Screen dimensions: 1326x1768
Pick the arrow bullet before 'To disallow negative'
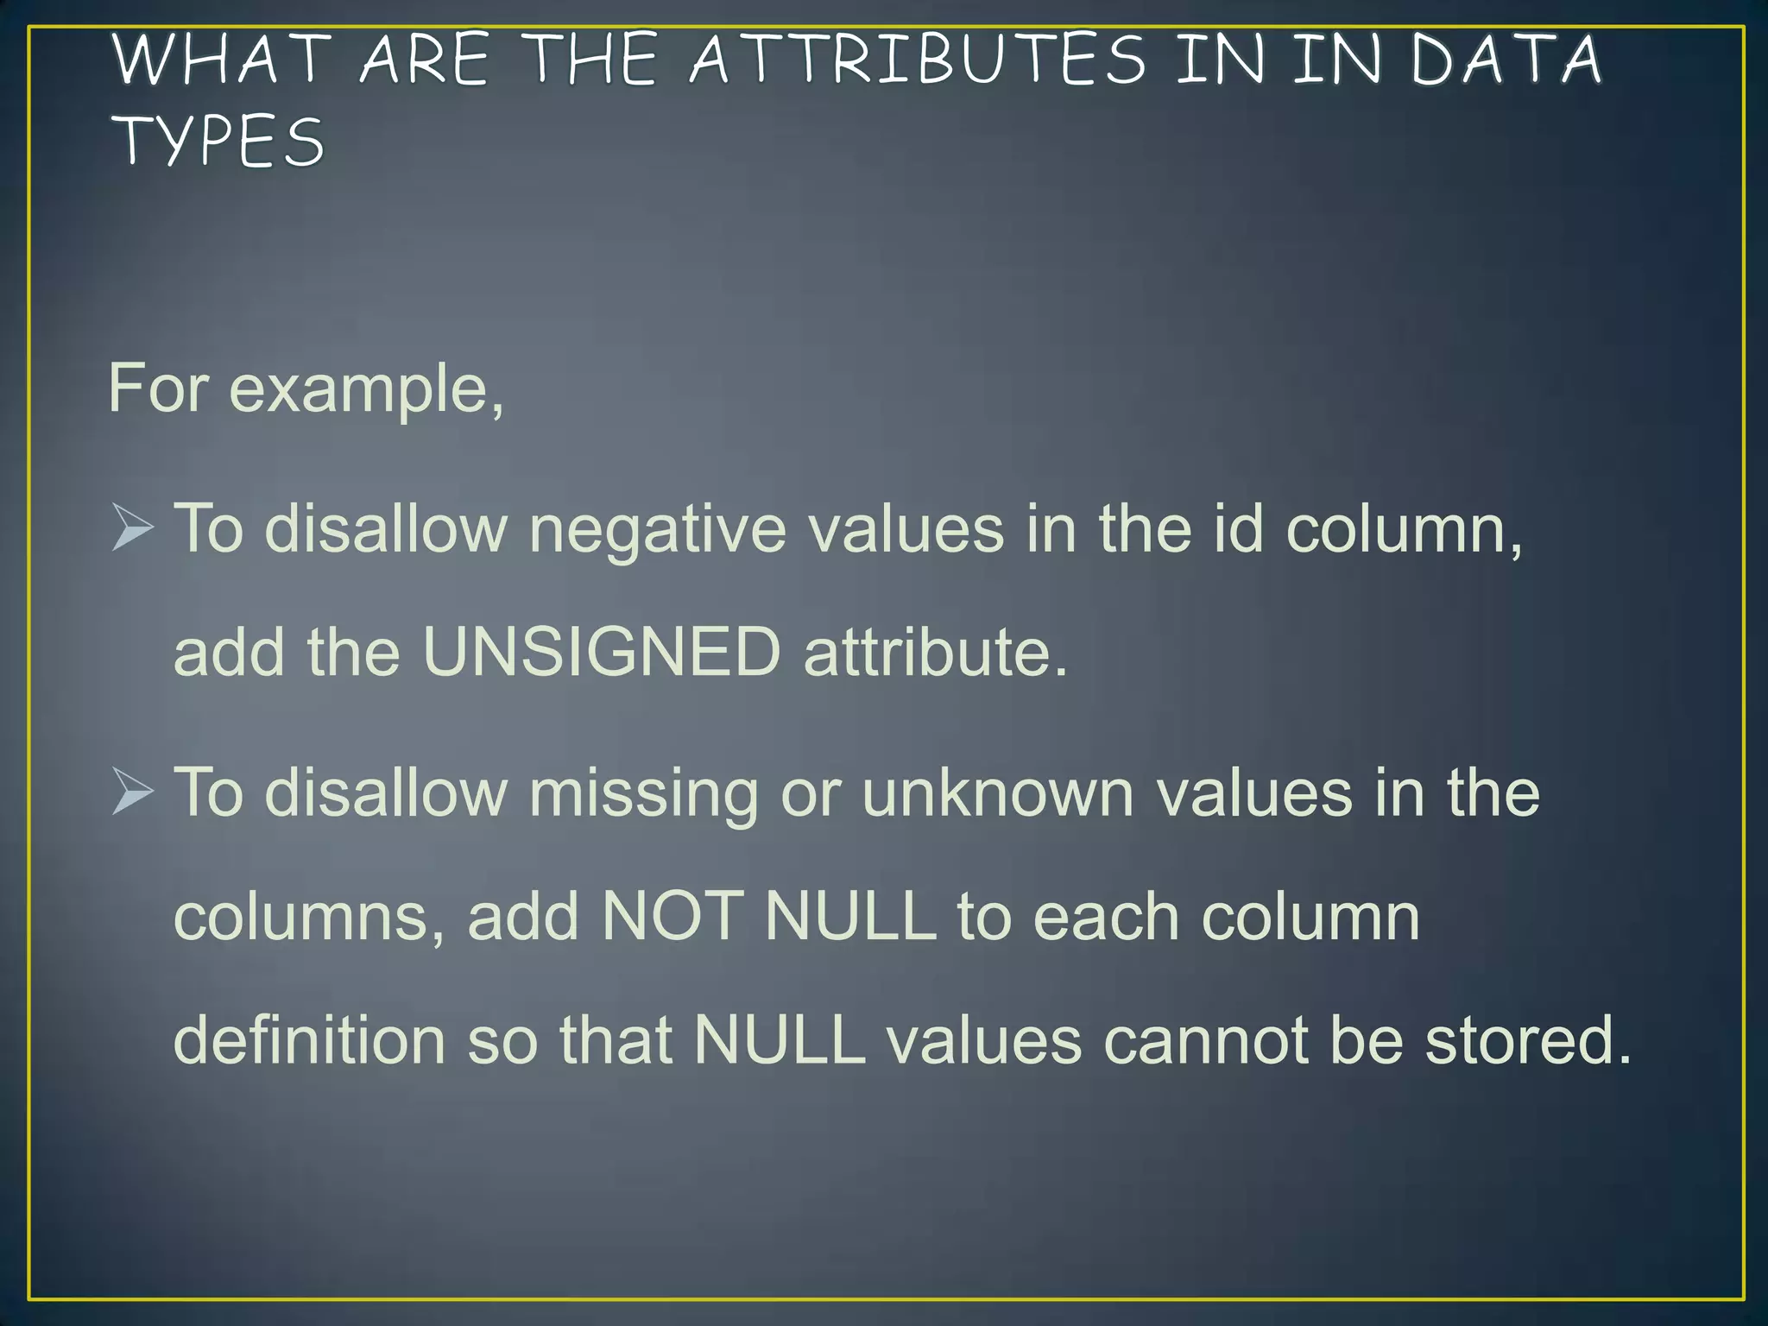pos(133,527)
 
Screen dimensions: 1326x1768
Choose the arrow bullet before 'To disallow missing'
pos(133,792)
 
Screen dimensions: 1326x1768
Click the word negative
pos(658,529)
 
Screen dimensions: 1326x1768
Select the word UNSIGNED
pos(602,652)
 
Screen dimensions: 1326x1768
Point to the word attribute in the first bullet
pos(935,652)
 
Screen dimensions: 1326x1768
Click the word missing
pos(643,794)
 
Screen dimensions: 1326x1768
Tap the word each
pos(1106,916)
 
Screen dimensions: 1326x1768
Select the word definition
pos(309,1039)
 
